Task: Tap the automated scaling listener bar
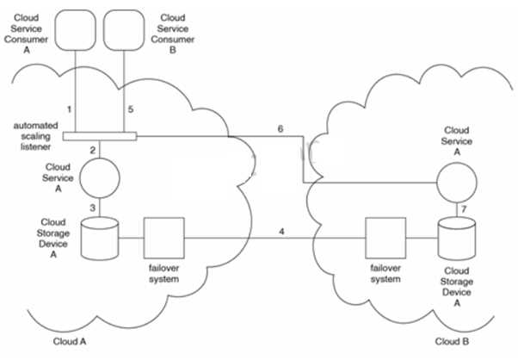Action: pyautogui.click(x=100, y=135)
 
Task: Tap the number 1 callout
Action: pyautogui.click(x=68, y=109)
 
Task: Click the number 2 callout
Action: pyautogui.click(x=92, y=150)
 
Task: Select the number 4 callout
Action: pyautogui.click(x=281, y=230)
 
